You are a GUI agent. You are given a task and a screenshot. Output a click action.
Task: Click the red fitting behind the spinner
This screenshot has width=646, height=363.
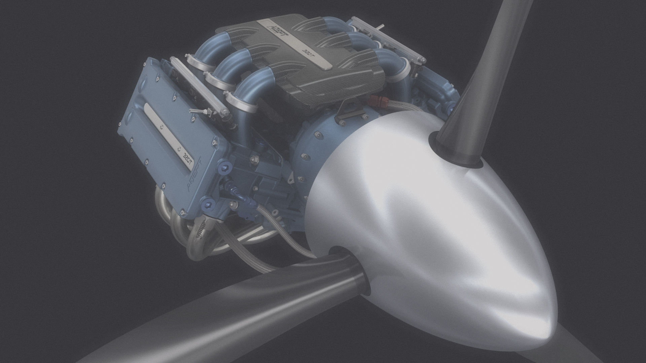coord(375,100)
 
